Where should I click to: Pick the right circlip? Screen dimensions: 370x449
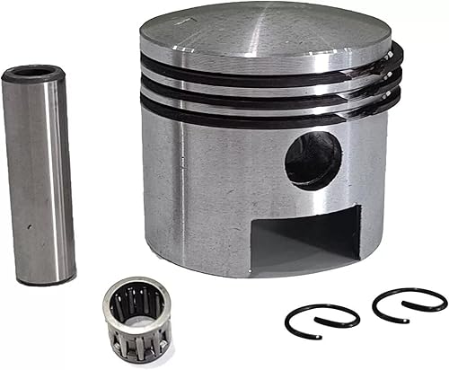pos(409,306)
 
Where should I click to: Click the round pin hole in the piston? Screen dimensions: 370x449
pos(313,161)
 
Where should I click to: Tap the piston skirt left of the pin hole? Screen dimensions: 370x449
pos(207,180)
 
